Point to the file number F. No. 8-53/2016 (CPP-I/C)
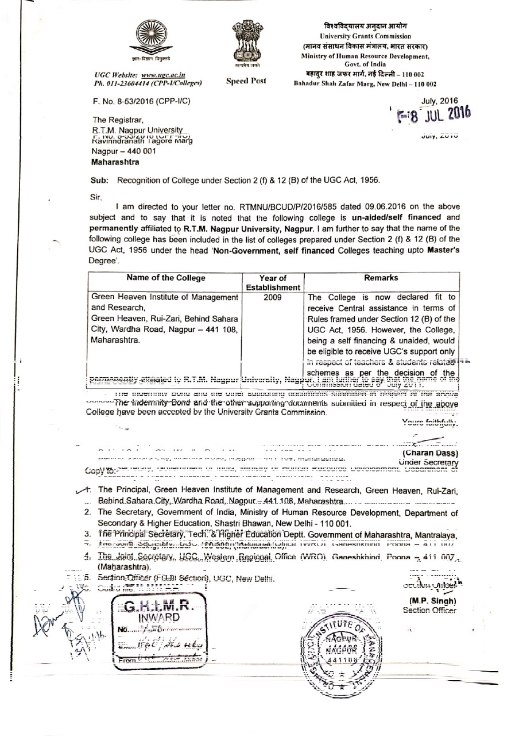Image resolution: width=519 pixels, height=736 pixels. coord(140,101)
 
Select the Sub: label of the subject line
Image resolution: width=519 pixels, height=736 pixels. coord(100,180)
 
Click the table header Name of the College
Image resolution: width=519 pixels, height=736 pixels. coord(165,278)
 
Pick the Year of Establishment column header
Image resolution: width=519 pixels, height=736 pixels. coord(273,282)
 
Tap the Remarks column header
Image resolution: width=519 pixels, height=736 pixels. coord(384,278)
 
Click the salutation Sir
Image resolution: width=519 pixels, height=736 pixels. coord(95,196)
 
